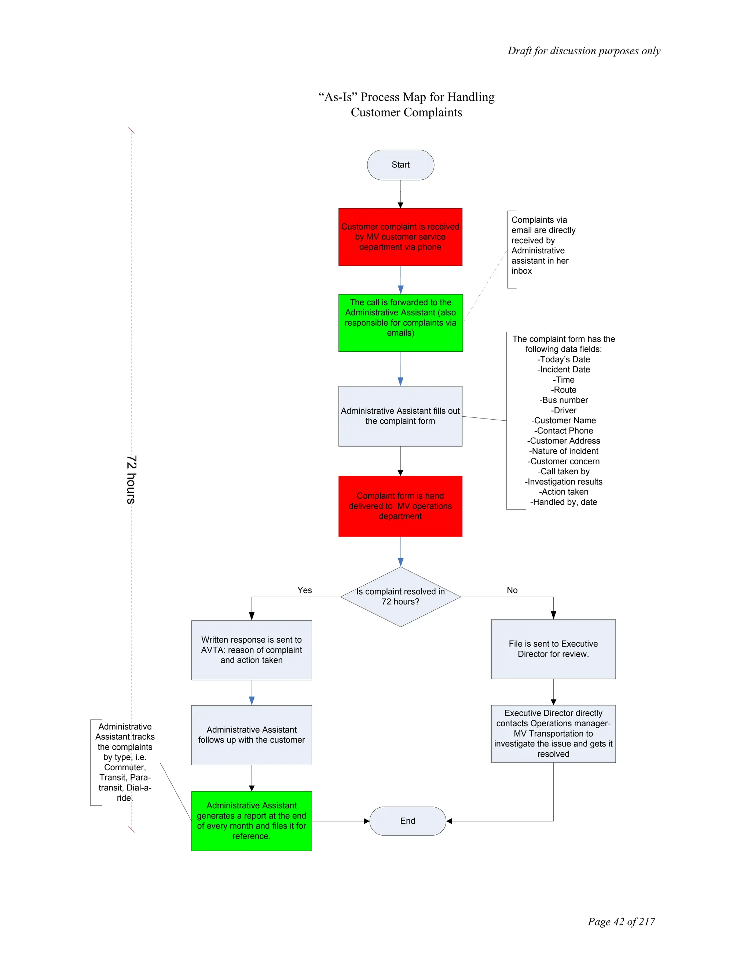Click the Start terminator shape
pyautogui.click(x=400, y=165)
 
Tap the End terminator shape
pyautogui.click(x=407, y=821)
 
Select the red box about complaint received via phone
pyautogui.click(x=400, y=237)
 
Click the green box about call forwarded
pyautogui.click(x=400, y=323)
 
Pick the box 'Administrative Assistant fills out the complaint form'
pyautogui.click(x=400, y=416)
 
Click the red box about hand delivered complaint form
pyautogui.click(x=400, y=506)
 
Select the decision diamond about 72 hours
pyautogui.click(x=400, y=597)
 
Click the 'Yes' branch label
pyautogui.click(x=305, y=590)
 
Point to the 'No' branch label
pyautogui.click(x=512, y=590)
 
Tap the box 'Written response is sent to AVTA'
pyautogui.click(x=251, y=650)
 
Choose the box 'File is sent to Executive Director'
pyautogui.click(x=553, y=649)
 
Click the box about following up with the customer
pyautogui.click(x=251, y=735)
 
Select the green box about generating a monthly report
pyautogui.click(x=251, y=821)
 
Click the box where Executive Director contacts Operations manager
pyautogui.click(x=553, y=734)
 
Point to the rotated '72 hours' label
pyautogui.click(x=131, y=479)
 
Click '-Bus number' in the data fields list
pyautogui.click(x=564, y=400)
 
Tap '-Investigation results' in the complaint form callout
pyautogui.click(x=564, y=482)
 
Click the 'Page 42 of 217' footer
pyautogui.click(x=621, y=921)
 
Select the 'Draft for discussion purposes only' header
pyautogui.click(x=584, y=51)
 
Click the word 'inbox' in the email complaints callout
pyautogui.click(x=521, y=271)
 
